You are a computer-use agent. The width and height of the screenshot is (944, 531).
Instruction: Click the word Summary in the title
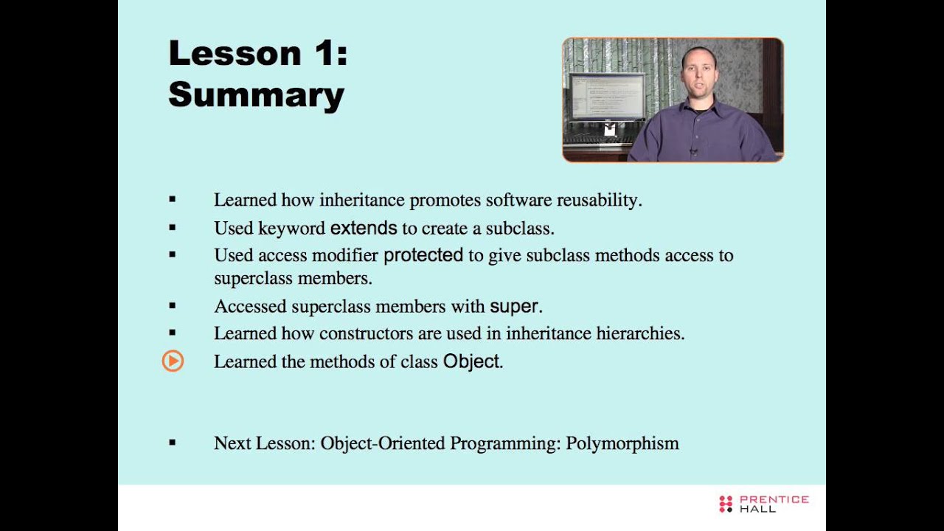pos(256,96)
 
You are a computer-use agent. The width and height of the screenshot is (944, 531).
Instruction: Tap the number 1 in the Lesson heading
pos(322,54)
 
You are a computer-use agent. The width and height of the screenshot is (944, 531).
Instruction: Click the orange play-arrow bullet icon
pos(173,361)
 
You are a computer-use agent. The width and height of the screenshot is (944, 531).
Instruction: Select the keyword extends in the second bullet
pos(364,228)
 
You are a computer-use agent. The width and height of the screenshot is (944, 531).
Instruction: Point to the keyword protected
pos(423,255)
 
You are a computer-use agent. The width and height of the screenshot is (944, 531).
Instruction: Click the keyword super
pos(515,306)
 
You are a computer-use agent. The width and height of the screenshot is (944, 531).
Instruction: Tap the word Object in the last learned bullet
pos(471,362)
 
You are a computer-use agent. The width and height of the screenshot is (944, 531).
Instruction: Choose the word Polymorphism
pos(622,443)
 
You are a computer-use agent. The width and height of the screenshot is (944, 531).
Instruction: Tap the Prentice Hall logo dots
pos(726,504)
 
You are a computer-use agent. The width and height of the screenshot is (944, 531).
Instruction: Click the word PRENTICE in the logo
pos(774,499)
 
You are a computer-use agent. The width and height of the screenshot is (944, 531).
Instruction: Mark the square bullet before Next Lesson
pos(173,442)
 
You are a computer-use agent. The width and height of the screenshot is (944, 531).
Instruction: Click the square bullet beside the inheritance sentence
pos(173,199)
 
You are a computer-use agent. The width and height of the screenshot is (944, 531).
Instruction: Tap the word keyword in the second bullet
pos(291,228)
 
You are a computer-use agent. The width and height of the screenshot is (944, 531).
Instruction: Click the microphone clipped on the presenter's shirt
pos(693,152)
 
